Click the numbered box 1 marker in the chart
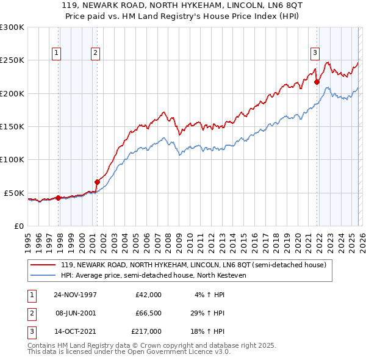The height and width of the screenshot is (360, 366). click(56, 53)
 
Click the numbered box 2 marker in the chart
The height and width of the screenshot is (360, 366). click(96, 53)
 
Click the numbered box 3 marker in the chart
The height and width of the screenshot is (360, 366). click(315, 53)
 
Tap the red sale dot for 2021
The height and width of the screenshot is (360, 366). click(317, 82)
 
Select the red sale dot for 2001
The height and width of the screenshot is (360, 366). click(97, 182)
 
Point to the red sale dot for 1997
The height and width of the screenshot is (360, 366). click(59, 198)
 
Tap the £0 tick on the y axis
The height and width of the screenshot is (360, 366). click(18, 226)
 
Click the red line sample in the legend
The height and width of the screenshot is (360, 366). click(44, 265)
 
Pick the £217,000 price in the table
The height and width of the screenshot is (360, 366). click(146, 332)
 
